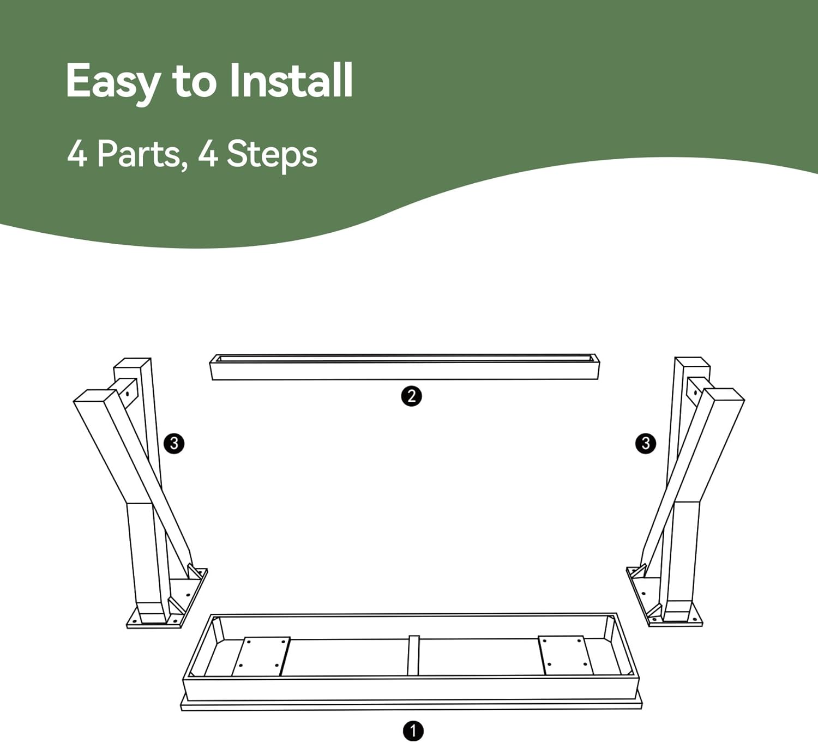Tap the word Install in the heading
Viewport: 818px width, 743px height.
[x=291, y=80]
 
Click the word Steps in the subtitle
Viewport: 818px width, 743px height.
[x=272, y=155]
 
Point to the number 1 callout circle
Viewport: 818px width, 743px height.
[x=413, y=731]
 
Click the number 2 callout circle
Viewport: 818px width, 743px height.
[x=411, y=396]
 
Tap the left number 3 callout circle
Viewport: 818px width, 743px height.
[x=174, y=443]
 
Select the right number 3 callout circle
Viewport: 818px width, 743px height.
[x=646, y=443]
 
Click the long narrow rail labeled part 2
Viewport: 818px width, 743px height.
[x=405, y=367]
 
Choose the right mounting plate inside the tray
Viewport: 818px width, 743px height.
[x=566, y=655]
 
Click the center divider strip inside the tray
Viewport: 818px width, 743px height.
[x=413, y=655]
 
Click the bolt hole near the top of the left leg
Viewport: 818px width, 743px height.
[x=127, y=394]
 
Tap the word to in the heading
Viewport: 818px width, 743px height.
[x=194, y=84]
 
